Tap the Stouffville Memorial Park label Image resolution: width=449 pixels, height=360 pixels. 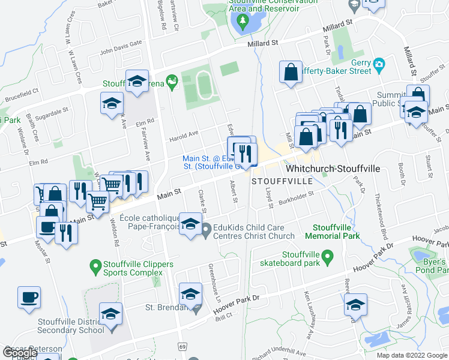tap(336, 232)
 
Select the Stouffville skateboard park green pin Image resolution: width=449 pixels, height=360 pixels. tap(327, 258)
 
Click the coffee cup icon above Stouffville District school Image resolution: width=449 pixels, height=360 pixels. tap(29, 298)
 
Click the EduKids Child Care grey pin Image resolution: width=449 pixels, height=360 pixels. tap(206, 229)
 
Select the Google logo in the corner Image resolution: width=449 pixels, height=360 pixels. tap(19, 354)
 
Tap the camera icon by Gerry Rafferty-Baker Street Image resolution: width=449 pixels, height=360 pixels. tap(378, 64)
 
